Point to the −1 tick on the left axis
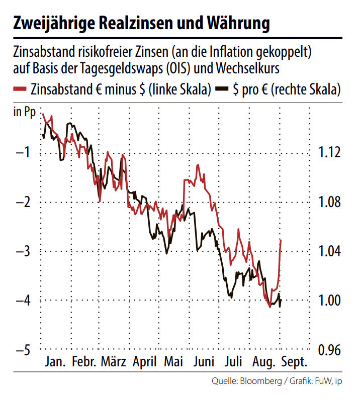coord(23,153)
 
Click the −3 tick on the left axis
coord(23,251)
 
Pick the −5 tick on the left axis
coord(23,349)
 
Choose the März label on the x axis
coord(114,362)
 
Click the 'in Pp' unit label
coord(23,112)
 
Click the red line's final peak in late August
coord(281,240)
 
